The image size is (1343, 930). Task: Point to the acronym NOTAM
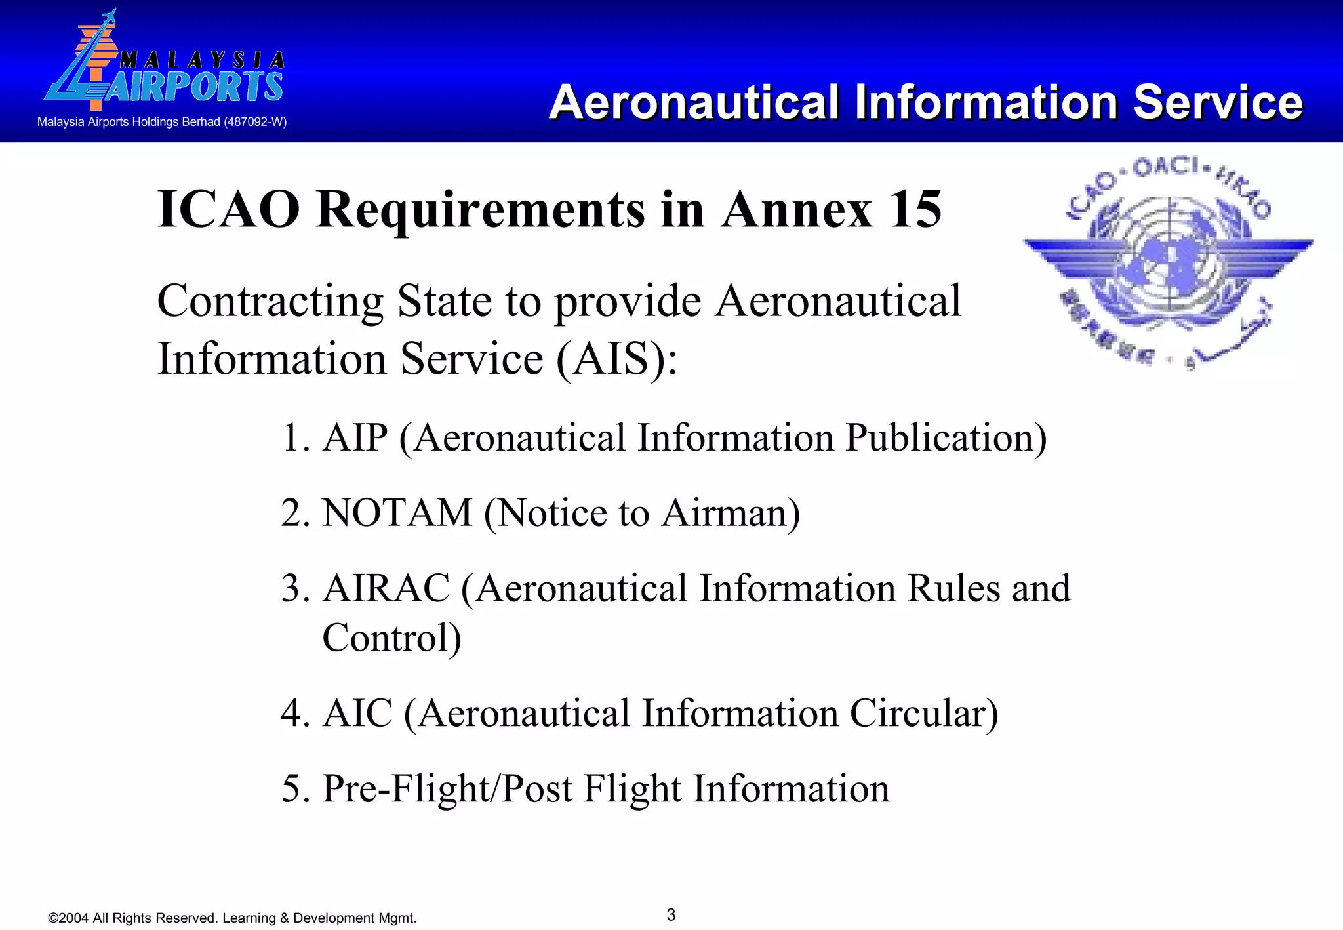coord(397,513)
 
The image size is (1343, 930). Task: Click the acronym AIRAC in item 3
coord(386,588)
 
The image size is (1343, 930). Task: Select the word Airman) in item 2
coord(731,513)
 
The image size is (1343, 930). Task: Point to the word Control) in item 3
coord(391,637)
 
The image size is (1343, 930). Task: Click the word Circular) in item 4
coord(924,714)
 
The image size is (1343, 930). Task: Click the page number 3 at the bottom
coord(671,915)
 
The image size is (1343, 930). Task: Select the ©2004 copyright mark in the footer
coord(68,918)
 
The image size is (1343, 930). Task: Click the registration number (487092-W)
coord(255,122)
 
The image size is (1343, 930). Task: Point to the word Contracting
coord(270,302)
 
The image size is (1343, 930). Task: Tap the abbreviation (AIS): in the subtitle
coord(616,359)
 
